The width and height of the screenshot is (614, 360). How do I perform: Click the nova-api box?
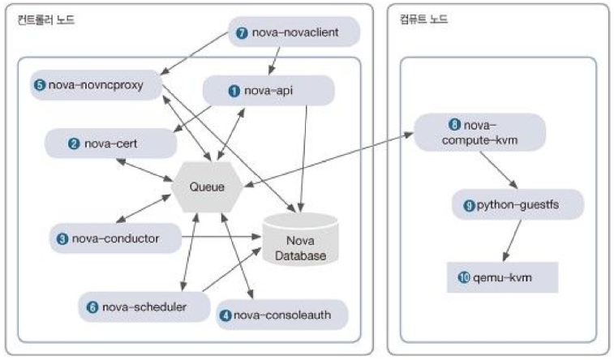click(268, 91)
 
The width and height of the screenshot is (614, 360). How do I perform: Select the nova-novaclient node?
click(294, 32)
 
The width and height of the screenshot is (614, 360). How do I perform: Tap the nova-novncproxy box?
click(97, 85)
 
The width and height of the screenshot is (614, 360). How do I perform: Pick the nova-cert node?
click(111, 144)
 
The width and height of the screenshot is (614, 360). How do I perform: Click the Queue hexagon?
click(207, 186)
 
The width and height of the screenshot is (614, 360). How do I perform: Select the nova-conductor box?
click(115, 238)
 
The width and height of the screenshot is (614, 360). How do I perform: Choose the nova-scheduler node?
click(144, 307)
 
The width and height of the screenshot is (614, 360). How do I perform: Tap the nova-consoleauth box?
click(282, 315)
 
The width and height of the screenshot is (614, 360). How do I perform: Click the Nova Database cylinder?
click(300, 239)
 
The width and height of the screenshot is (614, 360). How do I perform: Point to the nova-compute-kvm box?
click(479, 133)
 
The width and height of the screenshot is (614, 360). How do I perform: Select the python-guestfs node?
click(518, 204)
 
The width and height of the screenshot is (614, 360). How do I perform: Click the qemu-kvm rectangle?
click(502, 277)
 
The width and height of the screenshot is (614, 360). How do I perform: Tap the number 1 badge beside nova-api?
click(234, 91)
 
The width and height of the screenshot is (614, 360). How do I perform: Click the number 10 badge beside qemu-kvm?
click(464, 277)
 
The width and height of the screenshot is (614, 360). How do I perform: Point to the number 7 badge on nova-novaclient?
click(242, 33)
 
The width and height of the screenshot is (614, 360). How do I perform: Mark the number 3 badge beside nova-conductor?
click(62, 238)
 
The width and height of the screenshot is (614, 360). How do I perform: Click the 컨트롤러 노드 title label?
click(45, 19)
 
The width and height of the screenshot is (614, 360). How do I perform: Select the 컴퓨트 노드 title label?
click(423, 19)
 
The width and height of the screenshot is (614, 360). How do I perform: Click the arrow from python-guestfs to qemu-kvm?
click(512, 240)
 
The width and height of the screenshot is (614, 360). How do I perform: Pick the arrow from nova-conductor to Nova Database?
click(221, 237)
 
